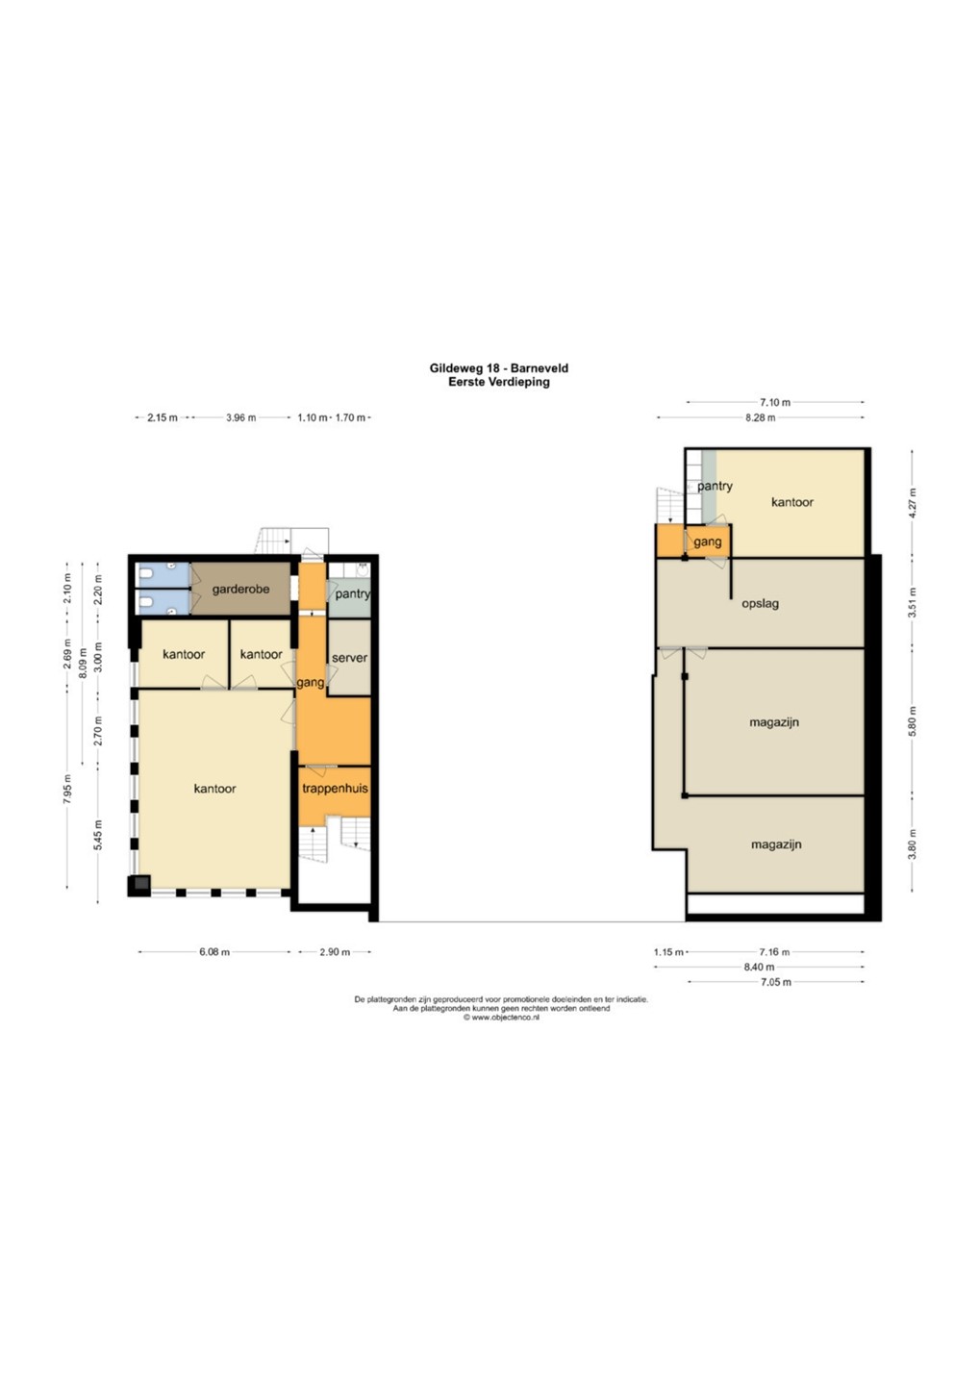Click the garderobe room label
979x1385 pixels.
[240, 590]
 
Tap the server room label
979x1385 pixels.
[350, 658]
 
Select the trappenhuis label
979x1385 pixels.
[335, 789]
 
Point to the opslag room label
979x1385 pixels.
[760, 603]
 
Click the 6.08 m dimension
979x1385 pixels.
[214, 952]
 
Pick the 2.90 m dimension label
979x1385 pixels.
[335, 952]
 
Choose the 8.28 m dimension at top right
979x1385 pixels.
[760, 417]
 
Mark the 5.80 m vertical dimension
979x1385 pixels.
[913, 721]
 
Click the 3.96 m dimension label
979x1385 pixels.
[241, 417]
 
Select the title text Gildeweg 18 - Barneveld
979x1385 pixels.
[499, 367]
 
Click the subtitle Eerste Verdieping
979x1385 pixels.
[499, 382]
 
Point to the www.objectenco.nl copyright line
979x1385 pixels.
[501, 1018]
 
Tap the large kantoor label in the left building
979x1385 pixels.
[215, 789]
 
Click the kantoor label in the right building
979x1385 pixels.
[792, 502]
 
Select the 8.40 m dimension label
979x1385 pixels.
[759, 967]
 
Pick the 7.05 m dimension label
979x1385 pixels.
[776, 982]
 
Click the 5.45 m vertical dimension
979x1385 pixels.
[98, 835]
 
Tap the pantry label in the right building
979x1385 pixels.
[715, 486]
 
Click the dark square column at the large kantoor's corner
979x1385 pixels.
[139, 886]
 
